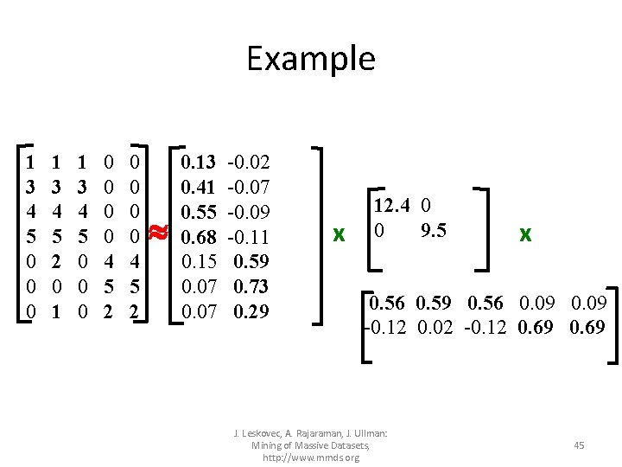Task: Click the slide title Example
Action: (311, 59)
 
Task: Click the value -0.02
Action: (248, 162)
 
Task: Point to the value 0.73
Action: (251, 286)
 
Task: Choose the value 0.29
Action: (251, 310)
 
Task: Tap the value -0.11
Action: (248, 236)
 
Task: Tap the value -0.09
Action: (248, 211)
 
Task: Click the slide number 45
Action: (579, 445)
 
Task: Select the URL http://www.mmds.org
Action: (311, 457)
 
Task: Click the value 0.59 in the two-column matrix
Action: (251, 261)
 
